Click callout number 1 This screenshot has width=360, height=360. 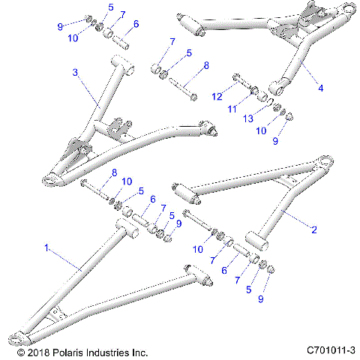(48, 246)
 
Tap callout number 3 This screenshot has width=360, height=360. (74, 72)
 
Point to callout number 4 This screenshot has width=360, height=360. (321, 88)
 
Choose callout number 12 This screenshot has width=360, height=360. (217, 95)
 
